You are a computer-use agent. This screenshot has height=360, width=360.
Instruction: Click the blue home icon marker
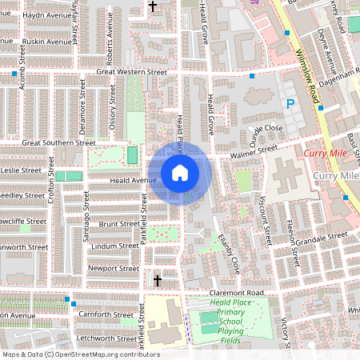[180, 172]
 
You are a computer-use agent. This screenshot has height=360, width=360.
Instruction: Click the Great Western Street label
[131, 72]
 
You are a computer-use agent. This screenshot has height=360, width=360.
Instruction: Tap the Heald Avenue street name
[133, 181]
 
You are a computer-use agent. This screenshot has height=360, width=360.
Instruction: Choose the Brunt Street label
[119, 225]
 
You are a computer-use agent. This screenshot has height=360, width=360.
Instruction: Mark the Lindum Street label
[116, 246]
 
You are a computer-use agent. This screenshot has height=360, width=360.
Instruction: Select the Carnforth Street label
[106, 315]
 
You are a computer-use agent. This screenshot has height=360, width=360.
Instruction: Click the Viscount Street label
[263, 218]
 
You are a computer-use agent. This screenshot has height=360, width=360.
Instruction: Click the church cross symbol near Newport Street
[158, 280]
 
